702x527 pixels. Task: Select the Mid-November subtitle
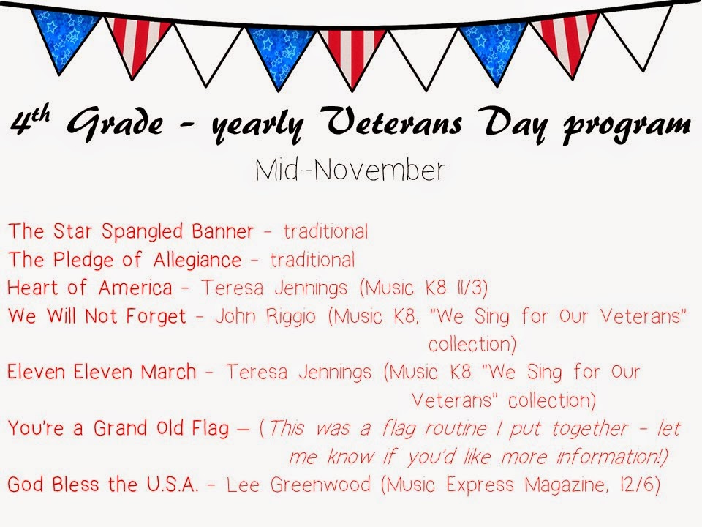(x=350, y=171)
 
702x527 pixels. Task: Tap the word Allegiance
(x=197, y=261)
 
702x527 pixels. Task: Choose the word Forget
(x=156, y=316)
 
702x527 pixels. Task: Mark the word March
(x=169, y=372)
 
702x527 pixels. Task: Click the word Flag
(x=210, y=428)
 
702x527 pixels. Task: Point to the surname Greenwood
(x=320, y=485)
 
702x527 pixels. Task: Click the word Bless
(x=75, y=485)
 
